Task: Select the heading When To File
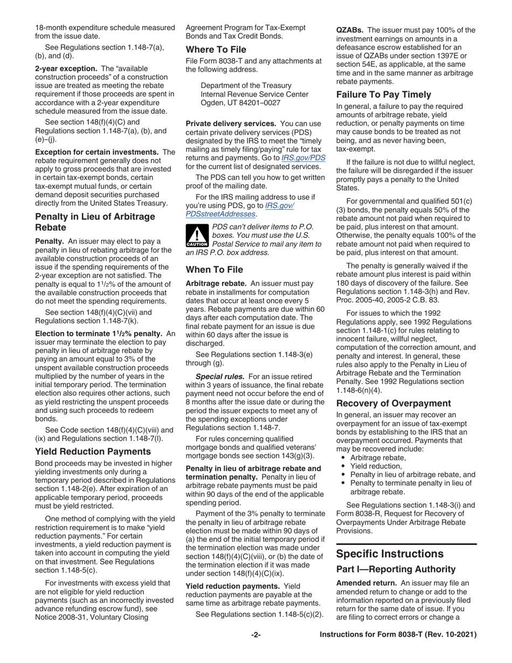(x=214, y=269)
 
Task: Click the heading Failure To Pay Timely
(x=383, y=94)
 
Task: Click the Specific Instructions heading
(x=390, y=554)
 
